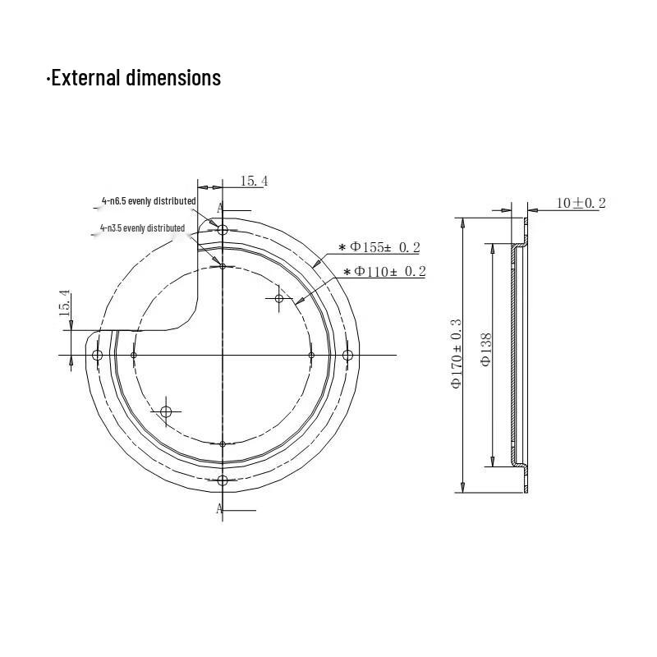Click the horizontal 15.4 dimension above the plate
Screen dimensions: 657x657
254,181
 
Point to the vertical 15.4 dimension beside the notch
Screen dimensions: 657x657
65,302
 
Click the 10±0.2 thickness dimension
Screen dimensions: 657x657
581,203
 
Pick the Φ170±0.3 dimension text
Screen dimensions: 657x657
457,354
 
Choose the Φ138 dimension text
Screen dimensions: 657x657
486,350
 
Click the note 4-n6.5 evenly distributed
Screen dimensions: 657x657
149,201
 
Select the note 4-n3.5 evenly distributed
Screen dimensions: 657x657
142,228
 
